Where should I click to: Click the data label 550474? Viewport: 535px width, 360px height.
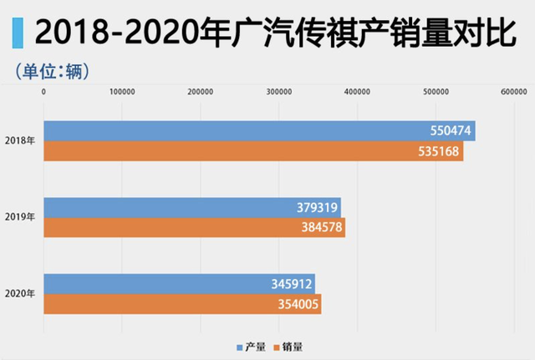[446, 131]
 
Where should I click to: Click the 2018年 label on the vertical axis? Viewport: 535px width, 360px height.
[19, 141]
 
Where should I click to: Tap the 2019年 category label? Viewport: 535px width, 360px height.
[19, 217]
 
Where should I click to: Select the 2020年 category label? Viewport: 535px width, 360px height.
[19, 294]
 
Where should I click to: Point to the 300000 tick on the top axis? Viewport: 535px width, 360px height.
[278, 92]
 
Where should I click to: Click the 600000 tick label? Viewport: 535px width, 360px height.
[513, 92]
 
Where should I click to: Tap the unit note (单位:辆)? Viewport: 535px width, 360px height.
[52, 70]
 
